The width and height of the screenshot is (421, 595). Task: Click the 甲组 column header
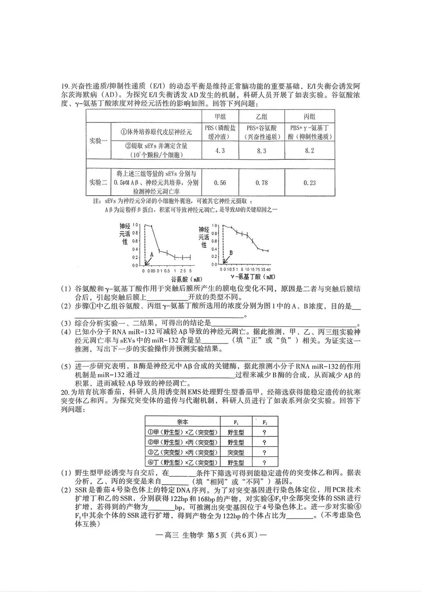[220, 117]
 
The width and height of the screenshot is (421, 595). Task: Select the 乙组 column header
[262, 117]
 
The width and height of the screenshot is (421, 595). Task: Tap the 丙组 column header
[310, 117]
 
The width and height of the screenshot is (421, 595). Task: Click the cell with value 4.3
[220, 150]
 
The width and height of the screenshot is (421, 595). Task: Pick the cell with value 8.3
[262, 150]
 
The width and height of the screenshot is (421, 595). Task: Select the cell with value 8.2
[310, 150]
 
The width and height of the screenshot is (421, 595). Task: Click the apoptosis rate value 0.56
[220, 182]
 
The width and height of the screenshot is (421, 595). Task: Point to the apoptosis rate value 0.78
[262, 182]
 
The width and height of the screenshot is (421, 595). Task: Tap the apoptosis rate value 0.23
[310, 182]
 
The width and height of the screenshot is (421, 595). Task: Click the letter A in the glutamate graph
[152, 254]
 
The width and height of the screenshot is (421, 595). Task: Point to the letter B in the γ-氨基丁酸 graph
[231, 253]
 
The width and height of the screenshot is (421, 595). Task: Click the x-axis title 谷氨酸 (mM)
[186, 279]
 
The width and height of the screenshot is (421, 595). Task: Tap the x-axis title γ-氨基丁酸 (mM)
[253, 277]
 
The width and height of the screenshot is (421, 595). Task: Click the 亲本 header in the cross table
[182, 422]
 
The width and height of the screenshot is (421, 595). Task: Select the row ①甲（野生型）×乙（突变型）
[182, 432]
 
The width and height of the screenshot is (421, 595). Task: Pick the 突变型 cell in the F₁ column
[236, 452]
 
